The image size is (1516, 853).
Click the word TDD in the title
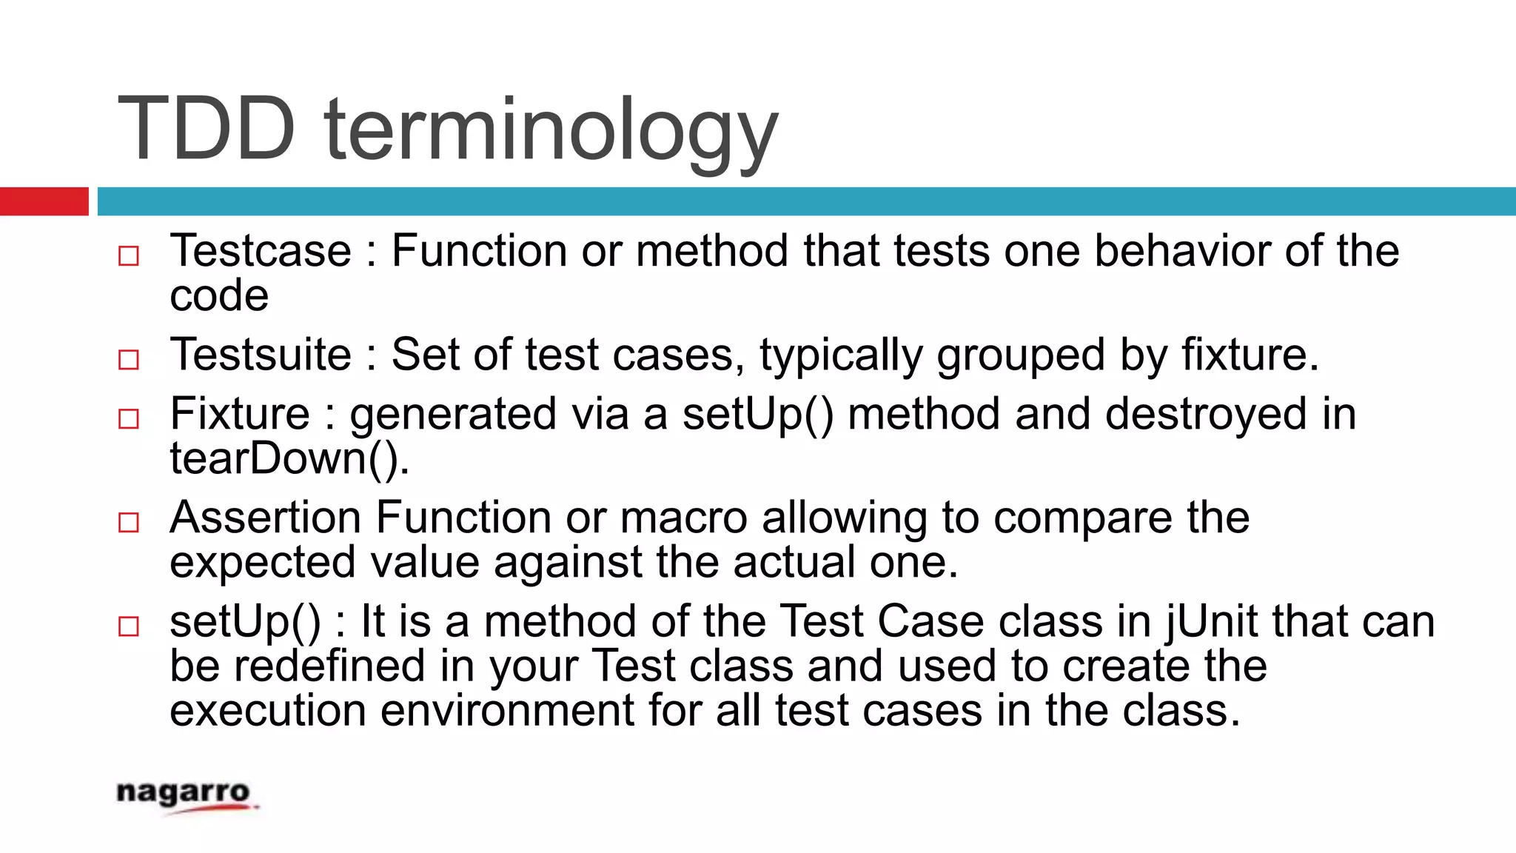pos(207,130)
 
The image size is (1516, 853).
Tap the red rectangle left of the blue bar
pos(44,201)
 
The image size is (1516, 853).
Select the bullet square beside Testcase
pos(129,256)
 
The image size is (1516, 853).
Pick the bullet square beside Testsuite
pos(129,360)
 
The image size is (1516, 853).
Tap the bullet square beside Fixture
pos(129,419)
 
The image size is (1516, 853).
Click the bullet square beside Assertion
pos(129,523)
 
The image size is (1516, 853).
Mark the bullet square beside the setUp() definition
pos(129,626)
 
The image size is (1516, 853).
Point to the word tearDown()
pos(289,459)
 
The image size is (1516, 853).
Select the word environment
pos(507,711)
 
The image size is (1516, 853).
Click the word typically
pos(841,355)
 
